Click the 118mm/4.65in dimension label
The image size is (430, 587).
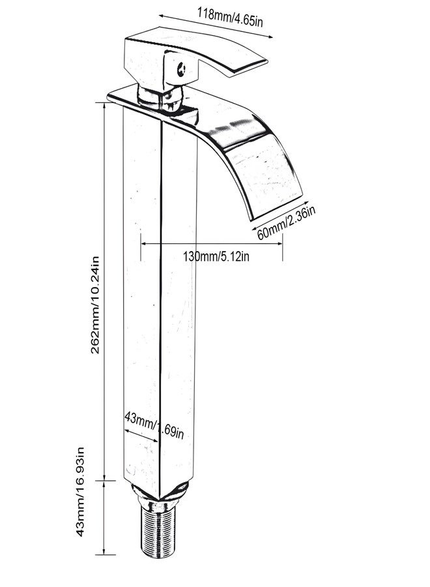click(230, 18)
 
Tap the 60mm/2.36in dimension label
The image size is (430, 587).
click(286, 223)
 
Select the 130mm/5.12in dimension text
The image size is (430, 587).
click(216, 257)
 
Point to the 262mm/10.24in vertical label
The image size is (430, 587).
click(95, 305)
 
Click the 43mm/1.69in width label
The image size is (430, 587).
click(154, 425)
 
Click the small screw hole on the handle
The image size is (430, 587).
click(182, 69)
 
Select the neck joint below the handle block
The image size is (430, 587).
click(161, 98)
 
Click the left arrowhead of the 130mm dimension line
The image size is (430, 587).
click(143, 244)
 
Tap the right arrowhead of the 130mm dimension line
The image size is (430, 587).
click(279, 244)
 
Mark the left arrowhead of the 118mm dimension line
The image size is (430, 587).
click(162, 16)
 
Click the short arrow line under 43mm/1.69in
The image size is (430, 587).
click(141, 436)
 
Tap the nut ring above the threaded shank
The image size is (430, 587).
click(159, 502)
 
